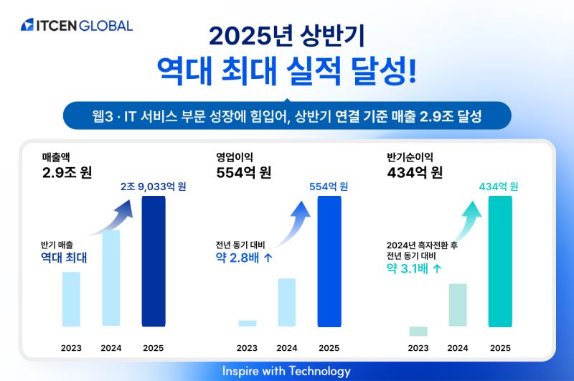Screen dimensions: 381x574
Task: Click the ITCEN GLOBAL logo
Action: [x=77, y=25]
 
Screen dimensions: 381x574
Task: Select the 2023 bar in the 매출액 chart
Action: [x=71, y=299]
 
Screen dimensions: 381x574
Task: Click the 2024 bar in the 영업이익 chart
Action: [x=286, y=302]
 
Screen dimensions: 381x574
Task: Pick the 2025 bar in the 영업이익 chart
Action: [x=329, y=261]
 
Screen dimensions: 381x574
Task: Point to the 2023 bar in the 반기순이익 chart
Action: [x=418, y=331]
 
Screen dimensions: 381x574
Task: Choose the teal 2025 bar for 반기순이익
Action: [x=500, y=261]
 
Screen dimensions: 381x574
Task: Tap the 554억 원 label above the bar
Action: [x=329, y=187]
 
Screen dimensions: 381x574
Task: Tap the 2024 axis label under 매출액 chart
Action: [x=111, y=348]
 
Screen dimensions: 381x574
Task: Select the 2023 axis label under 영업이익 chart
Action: [x=247, y=348]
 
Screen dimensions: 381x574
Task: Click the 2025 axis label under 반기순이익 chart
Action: [x=500, y=348]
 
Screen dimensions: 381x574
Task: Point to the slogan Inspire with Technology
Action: [x=286, y=371]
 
